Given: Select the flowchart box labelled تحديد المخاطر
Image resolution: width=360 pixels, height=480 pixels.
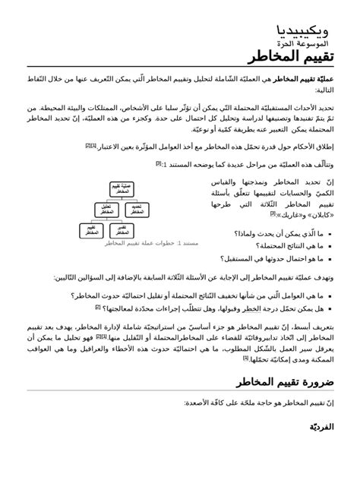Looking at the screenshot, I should pos(135,209).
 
